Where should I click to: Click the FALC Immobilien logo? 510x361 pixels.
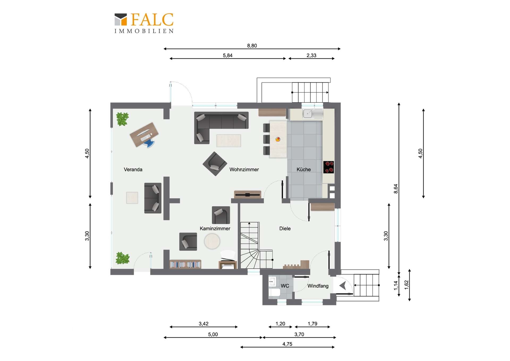click(144, 23)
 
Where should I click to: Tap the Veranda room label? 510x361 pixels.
click(133, 169)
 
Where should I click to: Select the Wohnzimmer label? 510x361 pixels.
click(244, 169)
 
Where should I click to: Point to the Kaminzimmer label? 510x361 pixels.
click(215, 229)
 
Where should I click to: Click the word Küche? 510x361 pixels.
click(304, 169)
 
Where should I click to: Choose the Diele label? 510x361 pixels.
click(285, 229)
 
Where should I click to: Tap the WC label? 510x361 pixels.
click(285, 286)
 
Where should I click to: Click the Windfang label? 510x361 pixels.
click(318, 286)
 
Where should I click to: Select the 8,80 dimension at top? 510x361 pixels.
click(252, 46)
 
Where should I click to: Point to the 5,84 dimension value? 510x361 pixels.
click(228, 56)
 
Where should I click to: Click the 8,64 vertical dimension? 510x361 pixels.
click(396, 189)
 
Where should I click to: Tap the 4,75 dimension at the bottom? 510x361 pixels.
click(287, 344)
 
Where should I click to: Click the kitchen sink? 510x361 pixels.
click(308, 114)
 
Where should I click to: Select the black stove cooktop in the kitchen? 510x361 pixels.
click(329, 167)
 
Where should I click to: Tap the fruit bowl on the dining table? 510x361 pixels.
click(278, 139)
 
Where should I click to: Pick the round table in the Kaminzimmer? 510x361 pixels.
click(212, 241)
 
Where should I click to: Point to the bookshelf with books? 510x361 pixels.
click(185, 264)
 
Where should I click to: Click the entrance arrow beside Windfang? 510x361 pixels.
click(343, 286)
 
